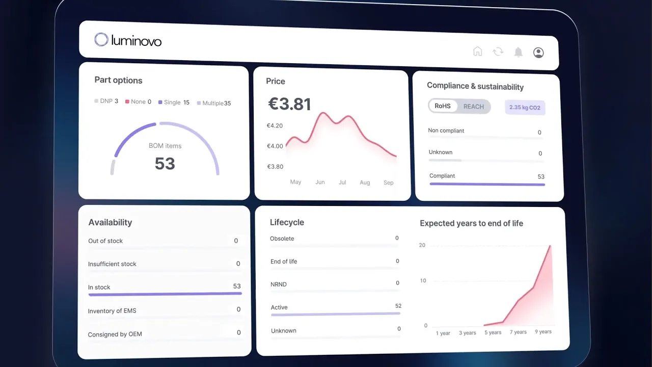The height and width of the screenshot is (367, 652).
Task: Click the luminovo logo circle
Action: pyautogui.click(x=101, y=40)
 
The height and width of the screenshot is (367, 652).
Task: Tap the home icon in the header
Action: pyautogui.click(x=477, y=51)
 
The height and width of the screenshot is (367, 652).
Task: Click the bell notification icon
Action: pyautogui.click(x=518, y=52)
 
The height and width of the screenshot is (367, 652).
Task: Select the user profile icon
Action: pyautogui.click(x=538, y=53)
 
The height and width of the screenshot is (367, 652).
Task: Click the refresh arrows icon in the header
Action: pyautogui.click(x=498, y=51)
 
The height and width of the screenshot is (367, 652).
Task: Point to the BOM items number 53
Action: pyautogui.click(x=165, y=164)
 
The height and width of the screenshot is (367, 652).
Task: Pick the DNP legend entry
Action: pyautogui.click(x=106, y=101)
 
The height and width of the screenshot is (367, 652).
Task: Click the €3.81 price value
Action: pyautogui.click(x=289, y=104)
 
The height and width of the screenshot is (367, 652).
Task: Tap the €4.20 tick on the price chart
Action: pyautogui.click(x=275, y=125)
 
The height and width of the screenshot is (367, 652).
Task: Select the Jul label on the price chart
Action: pyautogui.click(x=342, y=182)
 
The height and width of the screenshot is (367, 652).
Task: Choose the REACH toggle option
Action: pyautogui.click(x=473, y=107)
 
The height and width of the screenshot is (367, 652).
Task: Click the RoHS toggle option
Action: pyautogui.click(x=443, y=106)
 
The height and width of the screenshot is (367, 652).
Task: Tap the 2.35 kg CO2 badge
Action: pyautogui.click(x=525, y=108)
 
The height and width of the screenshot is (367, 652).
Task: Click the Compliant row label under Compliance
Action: pyautogui.click(x=442, y=176)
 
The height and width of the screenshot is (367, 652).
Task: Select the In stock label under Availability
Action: pyautogui.click(x=99, y=287)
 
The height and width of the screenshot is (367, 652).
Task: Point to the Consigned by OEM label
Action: pyautogui.click(x=115, y=334)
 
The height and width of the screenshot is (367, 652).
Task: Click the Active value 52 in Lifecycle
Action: pyautogui.click(x=398, y=306)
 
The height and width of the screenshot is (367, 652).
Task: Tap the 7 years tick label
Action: pyautogui.click(x=518, y=332)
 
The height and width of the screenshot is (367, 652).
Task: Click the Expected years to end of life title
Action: pyautogui.click(x=471, y=223)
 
